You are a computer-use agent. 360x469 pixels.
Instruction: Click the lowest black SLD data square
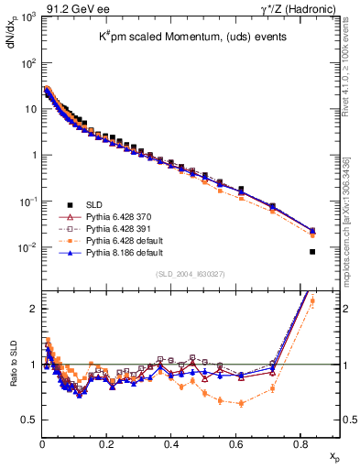[x=312, y=252]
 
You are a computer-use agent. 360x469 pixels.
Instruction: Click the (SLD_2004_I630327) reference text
[x=188, y=274]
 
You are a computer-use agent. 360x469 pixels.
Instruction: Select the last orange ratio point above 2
[x=312, y=300]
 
